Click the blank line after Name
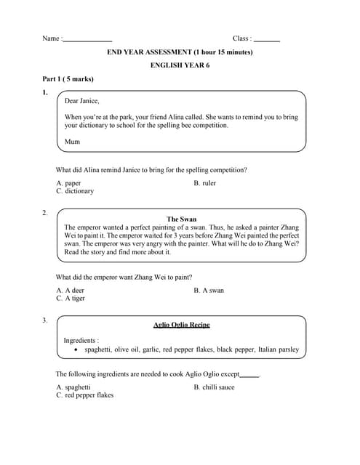[88, 40]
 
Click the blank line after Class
[267, 40]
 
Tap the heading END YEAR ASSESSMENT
[180, 52]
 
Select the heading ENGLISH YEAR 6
[180, 65]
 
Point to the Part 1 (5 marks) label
[67, 78]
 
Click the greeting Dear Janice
[82, 101]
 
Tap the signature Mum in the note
[72, 142]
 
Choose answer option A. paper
[69, 183]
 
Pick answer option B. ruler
[204, 183]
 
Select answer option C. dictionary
[75, 191]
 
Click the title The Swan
[181, 219]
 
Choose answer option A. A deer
[71, 290]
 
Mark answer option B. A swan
[209, 290]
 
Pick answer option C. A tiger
[71, 298]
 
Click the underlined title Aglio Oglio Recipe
[182, 325]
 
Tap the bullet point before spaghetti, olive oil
[77, 350]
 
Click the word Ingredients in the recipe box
[81, 340]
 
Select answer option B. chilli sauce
[214, 387]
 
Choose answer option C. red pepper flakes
[84, 395]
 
